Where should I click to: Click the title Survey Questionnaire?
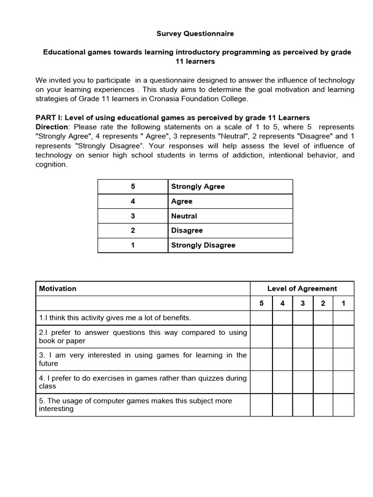[x=195, y=33]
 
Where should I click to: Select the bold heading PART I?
[x=49, y=117]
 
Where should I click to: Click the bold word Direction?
[x=51, y=127]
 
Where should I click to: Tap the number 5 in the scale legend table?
[x=133, y=187]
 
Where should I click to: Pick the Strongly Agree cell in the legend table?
[x=198, y=187]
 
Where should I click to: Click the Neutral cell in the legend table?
[x=184, y=216]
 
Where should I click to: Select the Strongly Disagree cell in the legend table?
[x=203, y=245]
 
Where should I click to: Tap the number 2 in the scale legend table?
[x=133, y=231]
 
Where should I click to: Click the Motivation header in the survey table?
[x=58, y=288]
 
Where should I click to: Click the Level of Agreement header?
[x=302, y=288]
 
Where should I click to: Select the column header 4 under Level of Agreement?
[x=282, y=303]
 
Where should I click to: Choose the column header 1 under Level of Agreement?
[x=343, y=303]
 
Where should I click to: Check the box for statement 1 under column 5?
[x=261, y=318]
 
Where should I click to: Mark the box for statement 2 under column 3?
[x=303, y=336]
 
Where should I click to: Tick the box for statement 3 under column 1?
[x=343, y=359]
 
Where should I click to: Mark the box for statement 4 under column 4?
[x=282, y=382]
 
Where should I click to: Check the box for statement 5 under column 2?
[x=323, y=405]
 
